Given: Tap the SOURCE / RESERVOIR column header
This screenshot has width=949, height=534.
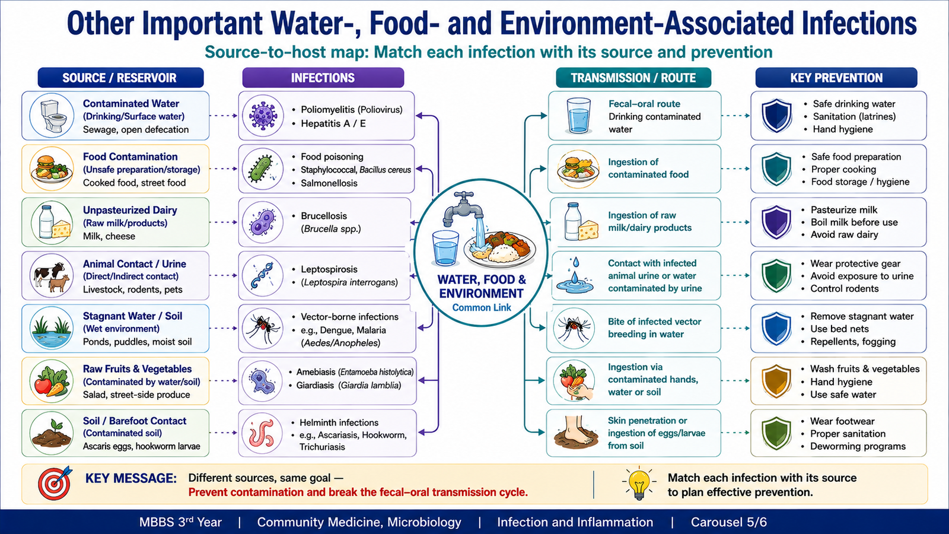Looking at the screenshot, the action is tap(120, 78).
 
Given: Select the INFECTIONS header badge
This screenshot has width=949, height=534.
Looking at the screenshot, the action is tap(323, 78).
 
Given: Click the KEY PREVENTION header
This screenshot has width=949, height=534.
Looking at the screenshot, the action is tap(836, 78).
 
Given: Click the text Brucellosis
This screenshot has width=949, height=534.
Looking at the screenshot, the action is tap(324, 216).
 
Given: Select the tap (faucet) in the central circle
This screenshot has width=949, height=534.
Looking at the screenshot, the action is tap(464, 208).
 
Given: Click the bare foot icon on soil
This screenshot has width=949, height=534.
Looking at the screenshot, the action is tap(575, 433).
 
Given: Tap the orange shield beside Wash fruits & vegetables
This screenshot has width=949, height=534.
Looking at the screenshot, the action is tap(776, 380).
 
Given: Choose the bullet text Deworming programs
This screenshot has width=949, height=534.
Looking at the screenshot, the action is tap(858, 446).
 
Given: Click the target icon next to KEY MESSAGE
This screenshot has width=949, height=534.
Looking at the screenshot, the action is tap(54, 483).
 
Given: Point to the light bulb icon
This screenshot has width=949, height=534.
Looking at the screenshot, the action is tap(639, 483).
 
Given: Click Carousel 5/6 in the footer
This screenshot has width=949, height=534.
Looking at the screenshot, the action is tap(729, 522).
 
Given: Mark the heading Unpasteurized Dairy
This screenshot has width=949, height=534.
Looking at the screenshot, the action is tap(130, 210).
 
